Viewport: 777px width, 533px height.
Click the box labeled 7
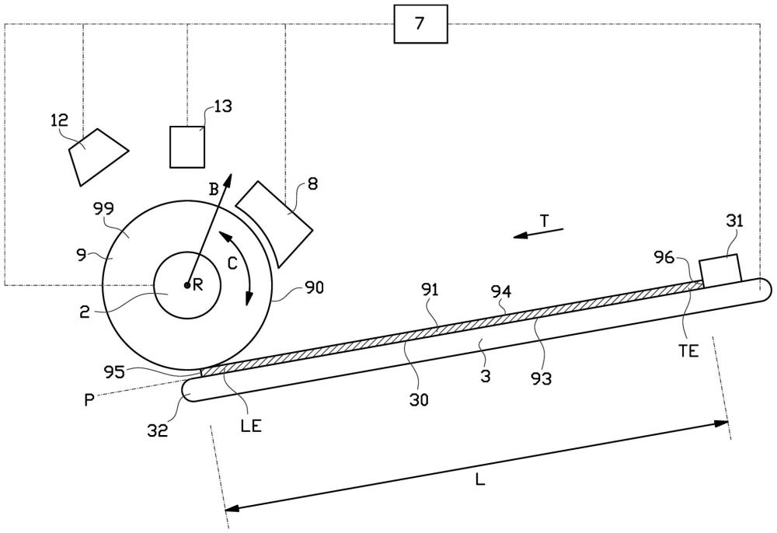[420, 24]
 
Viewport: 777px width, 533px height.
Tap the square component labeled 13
[187, 147]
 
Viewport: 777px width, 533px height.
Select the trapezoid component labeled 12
[98, 157]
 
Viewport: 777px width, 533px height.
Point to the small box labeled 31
[720, 269]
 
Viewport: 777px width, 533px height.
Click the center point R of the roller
[186, 285]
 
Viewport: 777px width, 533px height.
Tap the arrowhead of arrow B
[228, 181]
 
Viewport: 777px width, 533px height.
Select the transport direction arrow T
[538, 233]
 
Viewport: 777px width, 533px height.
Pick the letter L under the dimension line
[479, 479]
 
